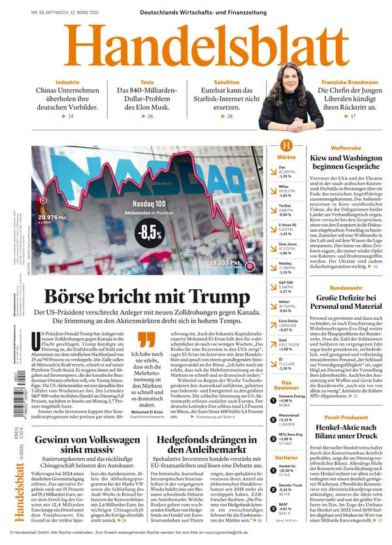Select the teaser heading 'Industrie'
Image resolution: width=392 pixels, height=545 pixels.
point(67,82)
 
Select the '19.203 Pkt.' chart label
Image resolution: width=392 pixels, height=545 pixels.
point(226,263)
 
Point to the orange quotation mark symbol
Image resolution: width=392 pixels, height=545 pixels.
point(148,339)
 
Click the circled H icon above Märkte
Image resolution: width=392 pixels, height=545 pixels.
point(286,146)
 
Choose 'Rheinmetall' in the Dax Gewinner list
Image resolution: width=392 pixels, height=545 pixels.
point(289,416)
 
